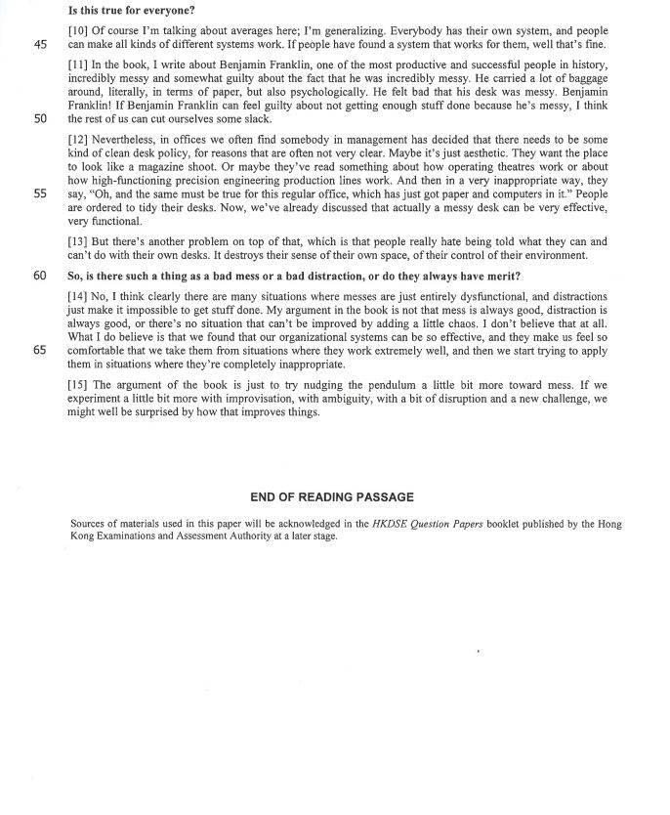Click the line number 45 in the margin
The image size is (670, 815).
[40, 44]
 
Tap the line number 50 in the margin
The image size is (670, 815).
[40, 118]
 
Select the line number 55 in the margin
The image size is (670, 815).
[40, 193]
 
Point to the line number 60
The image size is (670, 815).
[40, 276]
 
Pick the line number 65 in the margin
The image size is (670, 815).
[40, 349]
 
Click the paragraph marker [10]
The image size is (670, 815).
[79, 31]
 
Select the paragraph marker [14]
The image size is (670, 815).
[79, 296]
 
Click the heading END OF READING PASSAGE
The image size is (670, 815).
[333, 497]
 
